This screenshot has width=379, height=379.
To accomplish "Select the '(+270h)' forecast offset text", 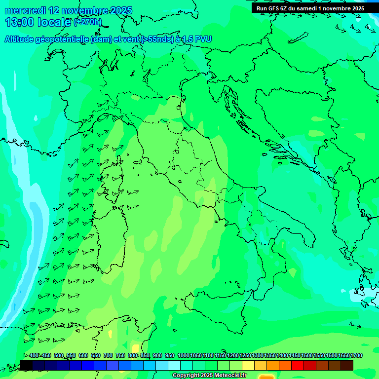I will (88, 22).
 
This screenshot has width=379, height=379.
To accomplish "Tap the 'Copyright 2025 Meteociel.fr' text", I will (209, 376).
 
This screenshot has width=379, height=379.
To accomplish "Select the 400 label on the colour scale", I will (34, 356).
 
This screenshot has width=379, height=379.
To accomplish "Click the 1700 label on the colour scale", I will (356, 356).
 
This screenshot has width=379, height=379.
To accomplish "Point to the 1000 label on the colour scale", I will (183, 356).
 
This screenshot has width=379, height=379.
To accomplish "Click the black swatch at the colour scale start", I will (26, 365).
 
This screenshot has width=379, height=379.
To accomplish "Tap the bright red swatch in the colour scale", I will (298, 365).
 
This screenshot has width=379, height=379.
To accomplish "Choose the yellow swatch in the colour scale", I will (248, 365).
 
